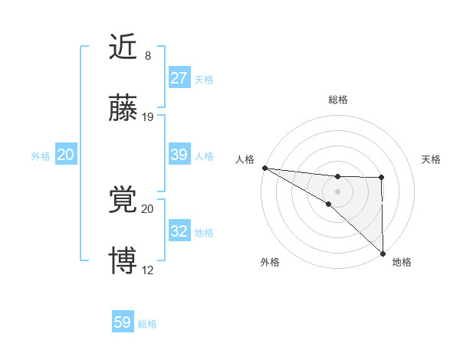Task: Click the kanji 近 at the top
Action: click(123, 47)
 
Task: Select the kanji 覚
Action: click(123, 201)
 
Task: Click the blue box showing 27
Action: click(179, 78)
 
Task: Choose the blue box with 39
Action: click(179, 155)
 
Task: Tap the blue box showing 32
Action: click(179, 231)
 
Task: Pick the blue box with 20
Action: click(66, 155)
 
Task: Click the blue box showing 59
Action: click(123, 322)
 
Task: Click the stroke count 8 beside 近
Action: click(148, 55)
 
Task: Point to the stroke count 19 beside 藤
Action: click(148, 117)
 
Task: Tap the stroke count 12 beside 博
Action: click(148, 270)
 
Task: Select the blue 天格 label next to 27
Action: click(204, 80)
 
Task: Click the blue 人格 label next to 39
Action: click(204, 156)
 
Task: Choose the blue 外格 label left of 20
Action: click(41, 156)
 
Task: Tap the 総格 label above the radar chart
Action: click(338, 100)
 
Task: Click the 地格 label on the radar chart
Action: click(402, 263)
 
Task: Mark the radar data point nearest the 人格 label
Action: click(264, 168)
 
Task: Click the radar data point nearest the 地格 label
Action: click(382, 253)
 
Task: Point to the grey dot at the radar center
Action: click(337, 191)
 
